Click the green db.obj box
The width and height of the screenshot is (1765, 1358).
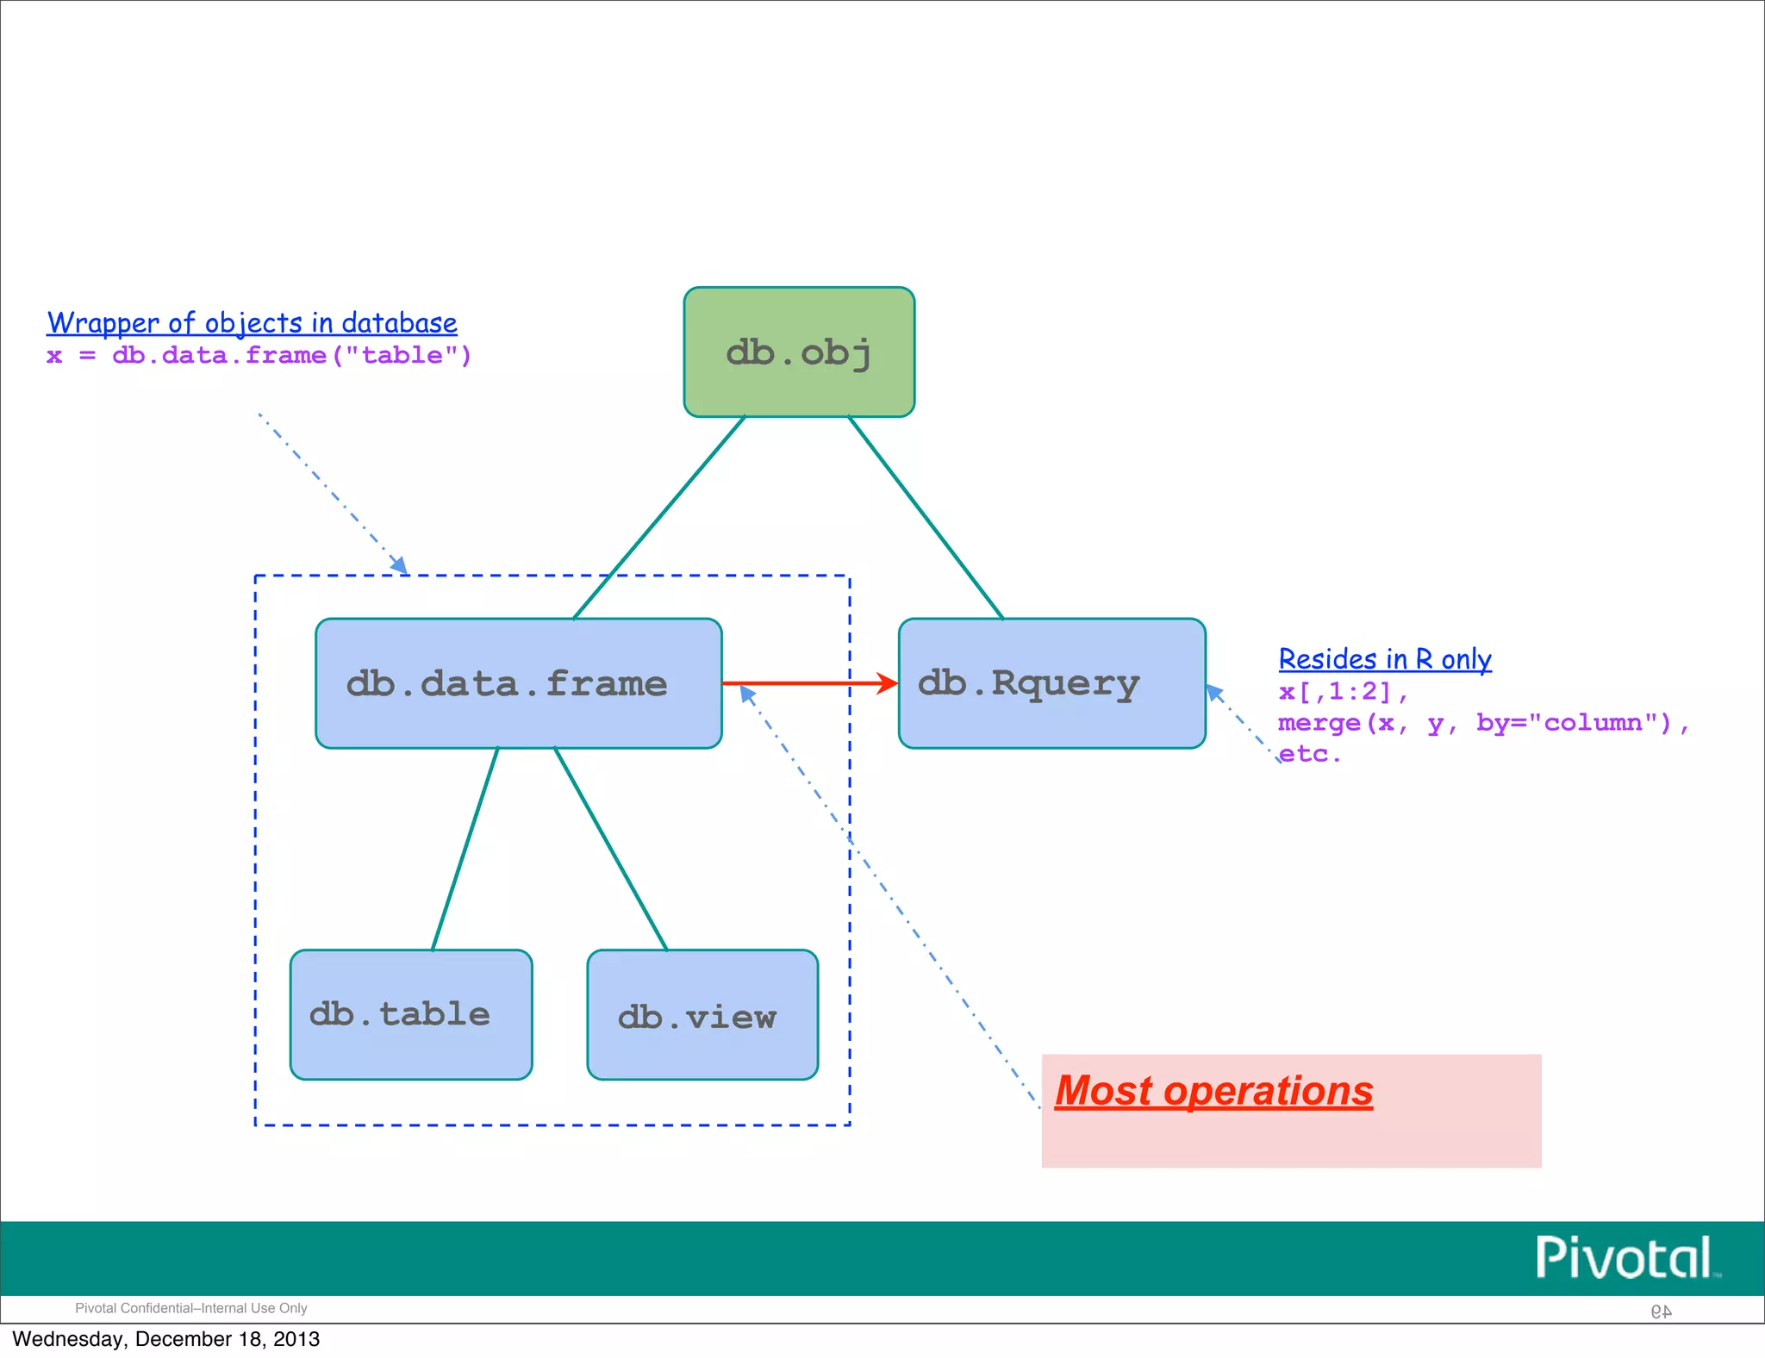coord(799,352)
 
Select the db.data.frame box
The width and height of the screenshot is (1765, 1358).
coord(518,683)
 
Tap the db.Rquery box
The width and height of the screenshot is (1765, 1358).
coord(1051,683)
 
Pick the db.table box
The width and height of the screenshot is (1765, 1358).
coord(411,1015)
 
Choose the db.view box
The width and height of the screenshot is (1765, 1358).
coord(702,1015)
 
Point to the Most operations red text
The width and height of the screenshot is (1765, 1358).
coord(1213,1091)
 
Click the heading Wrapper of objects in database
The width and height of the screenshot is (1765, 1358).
coord(252,323)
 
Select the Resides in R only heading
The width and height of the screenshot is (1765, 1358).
coord(1384,659)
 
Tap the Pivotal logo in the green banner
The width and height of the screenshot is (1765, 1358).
coord(1625,1258)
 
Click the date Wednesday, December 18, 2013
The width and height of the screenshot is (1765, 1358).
coord(165,1339)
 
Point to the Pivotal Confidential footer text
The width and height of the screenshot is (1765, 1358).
coord(190,1308)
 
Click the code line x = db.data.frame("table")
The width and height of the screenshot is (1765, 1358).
coord(259,355)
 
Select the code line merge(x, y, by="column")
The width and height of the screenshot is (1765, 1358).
coord(1482,723)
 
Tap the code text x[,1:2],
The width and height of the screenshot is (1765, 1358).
coord(1342,692)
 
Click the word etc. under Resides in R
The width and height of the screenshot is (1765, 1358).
coord(1309,754)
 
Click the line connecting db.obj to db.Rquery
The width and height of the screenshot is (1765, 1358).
coord(926,517)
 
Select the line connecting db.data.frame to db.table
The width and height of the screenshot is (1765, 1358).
coord(465,849)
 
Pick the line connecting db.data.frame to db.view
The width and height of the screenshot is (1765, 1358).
coord(610,849)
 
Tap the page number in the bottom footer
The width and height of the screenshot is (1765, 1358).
coord(1661,1311)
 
